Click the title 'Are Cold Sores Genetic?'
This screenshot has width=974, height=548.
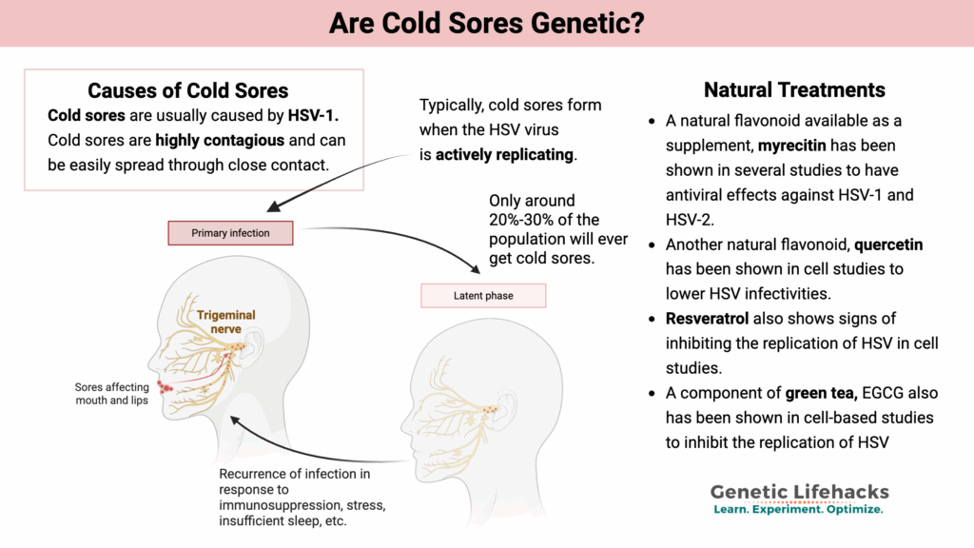(486, 23)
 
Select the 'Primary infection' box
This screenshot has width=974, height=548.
(230, 233)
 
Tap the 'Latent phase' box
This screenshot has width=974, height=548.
(483, 296)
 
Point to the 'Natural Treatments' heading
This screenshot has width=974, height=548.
(794, 90)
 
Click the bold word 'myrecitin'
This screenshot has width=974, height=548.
(798, 147)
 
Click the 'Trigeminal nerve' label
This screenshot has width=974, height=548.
(226, 322)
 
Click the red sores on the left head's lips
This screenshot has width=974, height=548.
(169, 386)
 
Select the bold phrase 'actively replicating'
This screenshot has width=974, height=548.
(504, 154)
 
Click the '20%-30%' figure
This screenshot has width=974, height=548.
(525, 220)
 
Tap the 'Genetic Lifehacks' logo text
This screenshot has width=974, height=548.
(799, 491)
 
